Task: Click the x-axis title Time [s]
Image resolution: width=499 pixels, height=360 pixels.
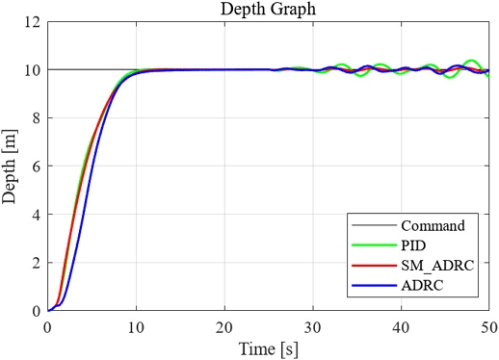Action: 269,347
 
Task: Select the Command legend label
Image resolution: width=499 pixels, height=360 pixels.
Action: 427,226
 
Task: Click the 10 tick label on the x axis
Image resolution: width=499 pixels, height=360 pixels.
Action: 136,326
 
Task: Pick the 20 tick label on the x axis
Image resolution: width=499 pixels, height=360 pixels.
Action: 224,326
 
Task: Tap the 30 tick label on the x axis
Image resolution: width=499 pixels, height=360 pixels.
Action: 313,326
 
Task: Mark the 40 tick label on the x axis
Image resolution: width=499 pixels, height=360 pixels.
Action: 402,326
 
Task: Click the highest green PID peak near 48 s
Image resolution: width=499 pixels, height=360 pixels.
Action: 471,61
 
